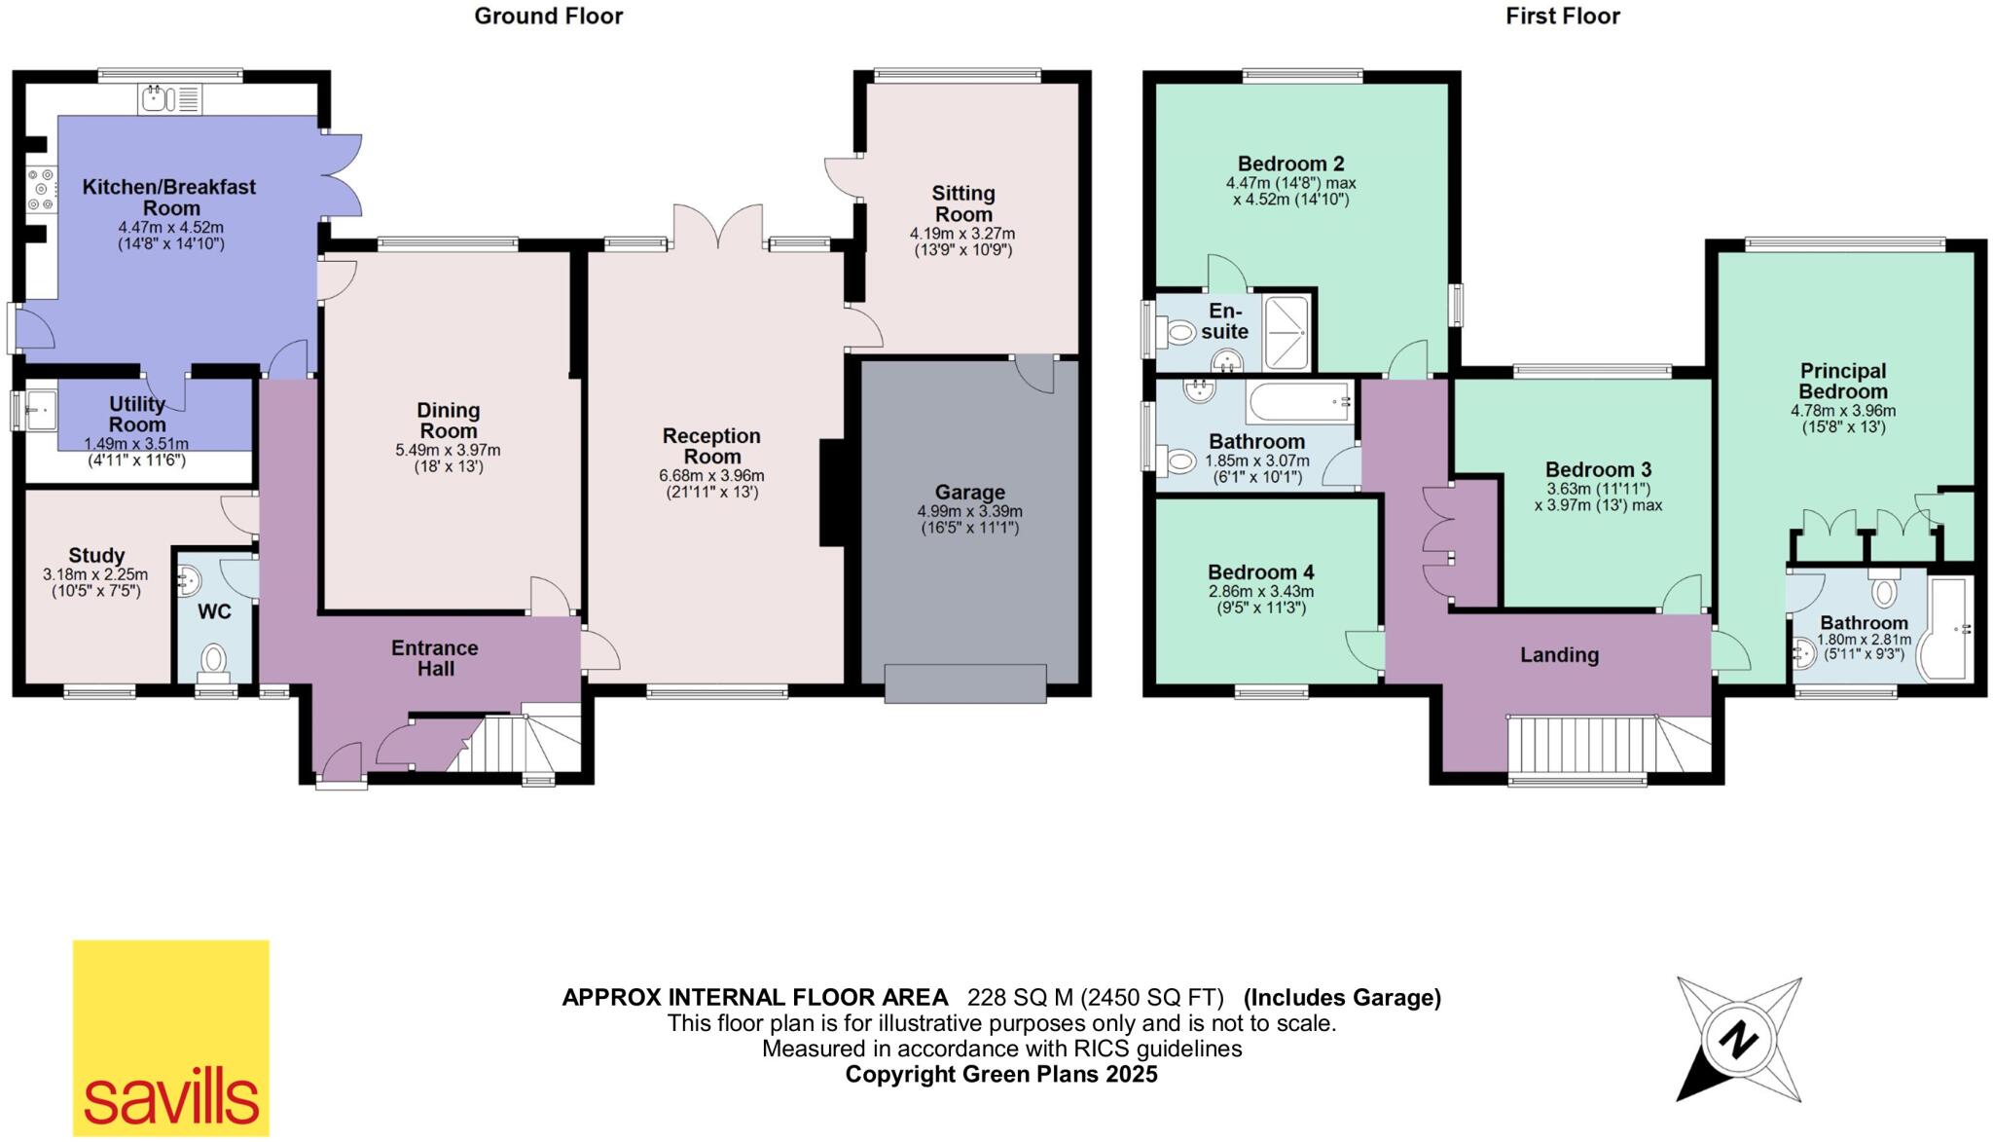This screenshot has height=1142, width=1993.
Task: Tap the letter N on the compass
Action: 1737,1042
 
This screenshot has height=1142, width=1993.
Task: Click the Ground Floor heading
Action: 548,17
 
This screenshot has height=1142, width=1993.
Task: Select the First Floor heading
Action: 1562,17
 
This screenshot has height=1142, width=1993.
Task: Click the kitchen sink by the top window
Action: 156,98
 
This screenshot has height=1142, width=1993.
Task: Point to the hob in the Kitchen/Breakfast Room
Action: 41,190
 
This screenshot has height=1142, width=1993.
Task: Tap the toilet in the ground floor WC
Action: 213,661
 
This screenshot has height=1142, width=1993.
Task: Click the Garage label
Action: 969,493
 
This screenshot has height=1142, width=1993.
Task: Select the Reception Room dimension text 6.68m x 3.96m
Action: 711,476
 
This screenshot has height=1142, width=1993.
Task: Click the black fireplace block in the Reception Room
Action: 832,493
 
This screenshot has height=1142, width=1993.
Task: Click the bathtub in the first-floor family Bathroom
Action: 1301,401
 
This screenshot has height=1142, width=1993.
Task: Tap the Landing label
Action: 1559,655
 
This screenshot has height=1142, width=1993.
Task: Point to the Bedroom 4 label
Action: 1260,572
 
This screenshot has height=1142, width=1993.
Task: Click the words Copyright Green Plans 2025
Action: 1000,1075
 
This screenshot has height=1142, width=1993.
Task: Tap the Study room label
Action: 96,556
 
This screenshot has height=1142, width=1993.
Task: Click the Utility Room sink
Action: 39,409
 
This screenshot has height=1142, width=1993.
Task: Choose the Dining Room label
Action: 448,421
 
